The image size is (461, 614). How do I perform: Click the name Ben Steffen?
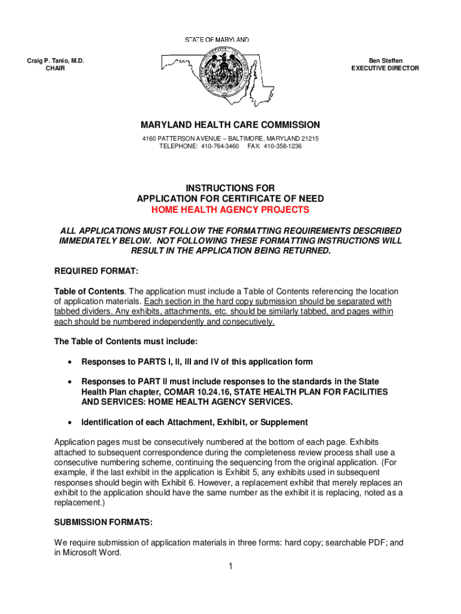pyautogui.click(x=386, y=61)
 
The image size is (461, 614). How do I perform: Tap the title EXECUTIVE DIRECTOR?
pyautogui.click(x=385, y=68)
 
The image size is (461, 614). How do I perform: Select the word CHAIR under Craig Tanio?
pyautogui.click(x=56, y=68)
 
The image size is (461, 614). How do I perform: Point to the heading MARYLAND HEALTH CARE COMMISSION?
pyautogui.click(x=230, y=125)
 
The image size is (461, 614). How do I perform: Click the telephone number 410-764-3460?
pyautogui.click(x=219, y=146)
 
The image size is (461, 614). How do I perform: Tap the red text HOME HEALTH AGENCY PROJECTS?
pyautogui.click(x=230, y=210)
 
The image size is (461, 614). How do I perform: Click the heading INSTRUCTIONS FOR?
pyautogui.click(x=230, y=188)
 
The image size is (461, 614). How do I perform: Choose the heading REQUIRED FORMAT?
pyautogui.click(x=96, y=271)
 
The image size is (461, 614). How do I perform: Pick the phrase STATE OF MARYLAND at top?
pyautogui.click(x=216, y=40)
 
